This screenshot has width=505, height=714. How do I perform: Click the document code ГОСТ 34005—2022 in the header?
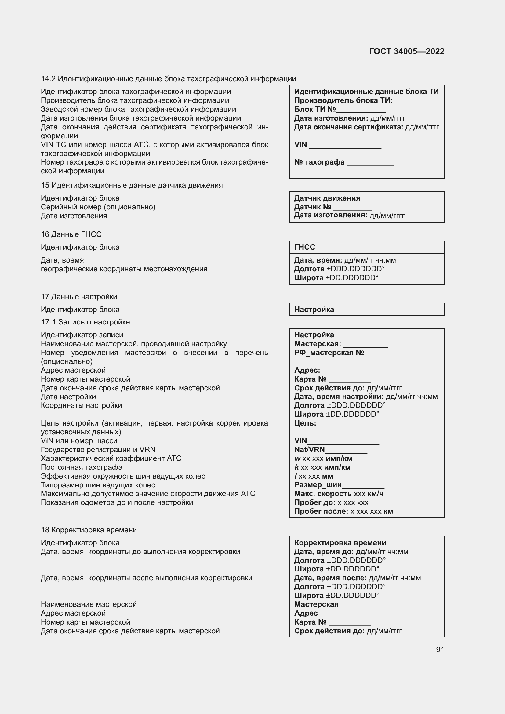406,51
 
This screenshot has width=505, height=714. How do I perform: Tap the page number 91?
440,649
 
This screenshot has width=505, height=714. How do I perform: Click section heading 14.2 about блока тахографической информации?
168,79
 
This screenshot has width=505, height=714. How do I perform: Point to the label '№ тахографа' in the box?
319,162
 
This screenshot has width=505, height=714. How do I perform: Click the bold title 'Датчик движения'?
327,198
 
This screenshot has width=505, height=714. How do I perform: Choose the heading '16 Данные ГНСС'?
71,234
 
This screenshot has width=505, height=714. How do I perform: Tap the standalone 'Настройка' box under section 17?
366,310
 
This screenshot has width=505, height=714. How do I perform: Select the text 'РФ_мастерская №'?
329,353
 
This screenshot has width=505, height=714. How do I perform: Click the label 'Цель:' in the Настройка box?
305,423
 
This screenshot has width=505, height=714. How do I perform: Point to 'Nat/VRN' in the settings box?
309,450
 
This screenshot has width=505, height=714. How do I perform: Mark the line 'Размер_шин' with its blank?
339,485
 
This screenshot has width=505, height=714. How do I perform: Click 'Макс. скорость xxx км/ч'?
339,494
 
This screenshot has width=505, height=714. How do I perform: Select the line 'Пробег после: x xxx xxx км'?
343,511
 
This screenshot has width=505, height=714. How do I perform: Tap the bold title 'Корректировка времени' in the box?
340,543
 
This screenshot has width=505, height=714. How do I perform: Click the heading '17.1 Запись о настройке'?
85,322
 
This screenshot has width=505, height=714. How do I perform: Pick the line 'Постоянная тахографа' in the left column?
82,467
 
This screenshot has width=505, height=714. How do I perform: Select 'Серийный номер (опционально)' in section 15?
98,207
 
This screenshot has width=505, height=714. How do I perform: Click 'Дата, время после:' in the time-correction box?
331,578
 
